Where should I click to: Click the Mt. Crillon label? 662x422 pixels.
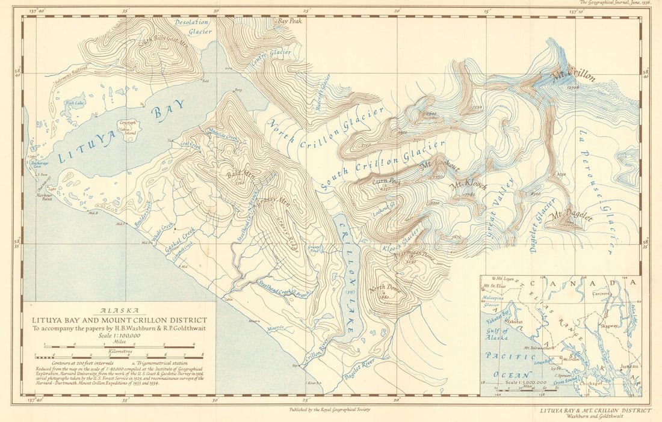click(x=573, y=76)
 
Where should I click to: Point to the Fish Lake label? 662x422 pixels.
click(x=75, y=103)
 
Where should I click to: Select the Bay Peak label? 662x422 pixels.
click(x=289, y=20)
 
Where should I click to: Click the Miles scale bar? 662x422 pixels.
click(x=120, y=347)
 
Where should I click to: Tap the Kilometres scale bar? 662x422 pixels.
click(x=120, y=355)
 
